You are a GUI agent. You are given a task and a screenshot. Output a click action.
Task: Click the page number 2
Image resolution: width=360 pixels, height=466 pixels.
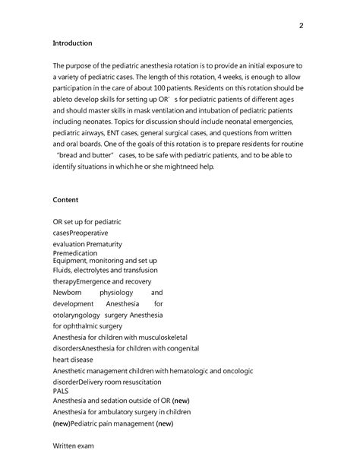pyautogui.click(x=302, y=26)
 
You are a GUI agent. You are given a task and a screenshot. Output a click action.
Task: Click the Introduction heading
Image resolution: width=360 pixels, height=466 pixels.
pyautogui.click(x=72, y=43)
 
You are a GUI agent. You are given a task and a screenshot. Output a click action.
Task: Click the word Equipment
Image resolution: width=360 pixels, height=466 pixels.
pyautogui.click(x=74, y=261)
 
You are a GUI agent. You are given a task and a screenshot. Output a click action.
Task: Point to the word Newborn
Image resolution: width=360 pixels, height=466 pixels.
pyautogui.click(x=67, y=292)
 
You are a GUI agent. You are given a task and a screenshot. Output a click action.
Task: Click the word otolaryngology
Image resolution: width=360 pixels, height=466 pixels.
pyautogui.click(x=78, y=315)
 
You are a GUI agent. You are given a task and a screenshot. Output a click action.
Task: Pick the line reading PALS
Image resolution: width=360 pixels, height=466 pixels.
pyautogui.click(x=61, y=391)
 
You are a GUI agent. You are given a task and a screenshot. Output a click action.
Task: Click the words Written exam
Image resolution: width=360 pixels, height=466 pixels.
pyautogui.click(x=73, y=445)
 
